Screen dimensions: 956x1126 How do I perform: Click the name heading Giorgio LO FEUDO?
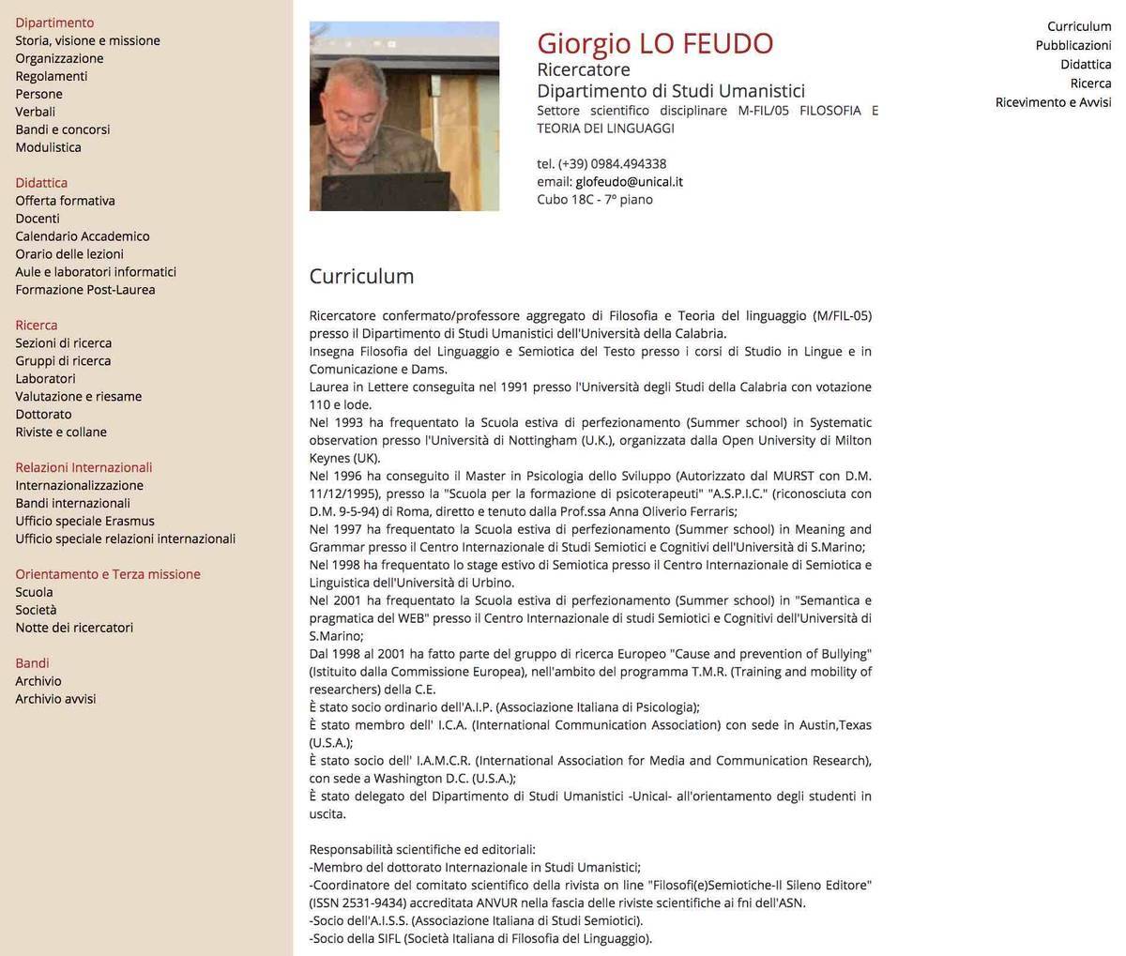click(655, 43)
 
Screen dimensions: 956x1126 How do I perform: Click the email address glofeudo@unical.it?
click(629, 182)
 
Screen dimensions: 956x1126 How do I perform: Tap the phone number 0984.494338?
click(628, 164)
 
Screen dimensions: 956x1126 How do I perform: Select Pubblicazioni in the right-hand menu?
click(1073, 45)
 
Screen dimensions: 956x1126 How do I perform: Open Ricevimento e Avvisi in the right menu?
click(1053, 102)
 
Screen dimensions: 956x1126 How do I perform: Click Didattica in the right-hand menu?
click(1086, 65)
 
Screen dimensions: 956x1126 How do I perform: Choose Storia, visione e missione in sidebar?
click(87, 40)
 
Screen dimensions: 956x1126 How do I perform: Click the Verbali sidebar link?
click(35, 112)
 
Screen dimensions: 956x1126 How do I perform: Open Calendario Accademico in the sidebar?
click(82, 236)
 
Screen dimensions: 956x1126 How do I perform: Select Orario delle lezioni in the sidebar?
click(69, 254)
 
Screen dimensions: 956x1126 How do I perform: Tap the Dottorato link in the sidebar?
click(43, 415)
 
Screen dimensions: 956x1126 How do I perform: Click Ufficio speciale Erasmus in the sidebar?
click(84, 522)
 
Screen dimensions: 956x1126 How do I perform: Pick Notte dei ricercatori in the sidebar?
click(74, 628)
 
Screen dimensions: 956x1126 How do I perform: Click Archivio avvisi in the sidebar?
click(55, 699)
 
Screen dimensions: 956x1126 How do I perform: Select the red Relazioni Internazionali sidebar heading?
click(84, 468)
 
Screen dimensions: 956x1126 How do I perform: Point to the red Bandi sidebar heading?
click(32, 663)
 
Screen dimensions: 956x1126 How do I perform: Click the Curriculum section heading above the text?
click(361, 277)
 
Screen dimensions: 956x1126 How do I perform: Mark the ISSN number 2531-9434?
click(374, 903)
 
